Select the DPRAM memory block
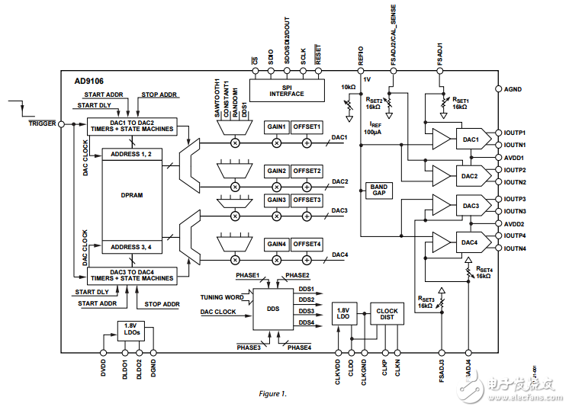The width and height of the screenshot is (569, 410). coord(131,195)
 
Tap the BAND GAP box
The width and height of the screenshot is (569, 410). coord(378,190)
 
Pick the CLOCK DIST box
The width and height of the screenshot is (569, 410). coord(387,313)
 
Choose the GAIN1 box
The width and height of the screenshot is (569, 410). coord(276,127)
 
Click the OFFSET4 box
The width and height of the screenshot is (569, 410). coord(307,244)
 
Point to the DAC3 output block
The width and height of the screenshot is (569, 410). coord(468,206)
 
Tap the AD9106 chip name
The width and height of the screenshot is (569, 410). coord(90,80)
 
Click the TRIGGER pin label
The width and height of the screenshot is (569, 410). coord(41,123)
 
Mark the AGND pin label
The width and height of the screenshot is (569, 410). coord(513,89)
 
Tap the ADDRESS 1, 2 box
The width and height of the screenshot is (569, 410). coord(131,154)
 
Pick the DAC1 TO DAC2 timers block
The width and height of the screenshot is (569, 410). coord(131,126)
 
